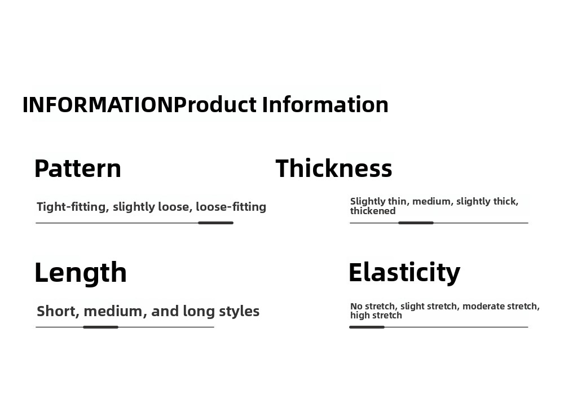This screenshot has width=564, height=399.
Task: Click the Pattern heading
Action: click(x=78, y=169)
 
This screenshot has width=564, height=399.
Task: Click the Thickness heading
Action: click(x=334, y=169)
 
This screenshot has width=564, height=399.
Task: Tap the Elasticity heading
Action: click(x=404, y=272)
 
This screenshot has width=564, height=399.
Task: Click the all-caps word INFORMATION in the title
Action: click(x=98, y=105)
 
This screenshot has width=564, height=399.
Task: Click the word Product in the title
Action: click(x=215, y=105)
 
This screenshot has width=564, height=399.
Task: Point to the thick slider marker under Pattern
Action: click(x=216, y=223)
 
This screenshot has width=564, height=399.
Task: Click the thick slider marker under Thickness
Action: click(x=416, y=223)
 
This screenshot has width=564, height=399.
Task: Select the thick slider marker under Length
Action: click(x=101, y=327)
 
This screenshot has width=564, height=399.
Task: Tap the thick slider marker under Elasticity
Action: click(x=367, y=327)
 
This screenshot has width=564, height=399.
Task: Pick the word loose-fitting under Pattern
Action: click(x=231, y=207)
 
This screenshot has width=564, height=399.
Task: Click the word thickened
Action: click(x=373, y=211)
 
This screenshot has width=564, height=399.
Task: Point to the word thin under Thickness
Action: click(x=396, y=201)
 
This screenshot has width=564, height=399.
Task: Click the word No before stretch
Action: click(x=355, y=306)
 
